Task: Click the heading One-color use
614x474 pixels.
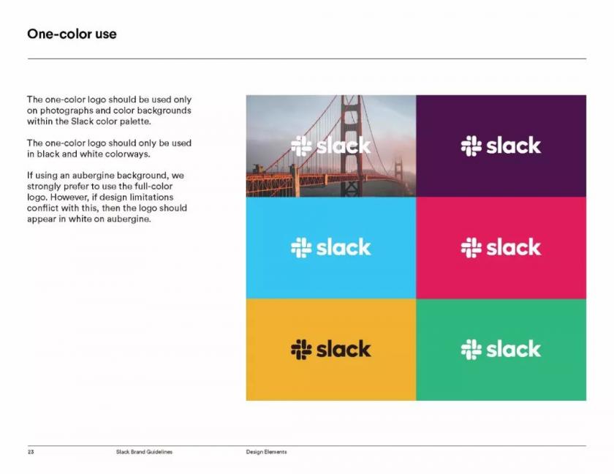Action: [x=72, y=34]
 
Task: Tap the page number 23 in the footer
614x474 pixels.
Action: [x=31, y=451]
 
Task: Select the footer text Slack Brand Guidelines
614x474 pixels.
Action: [x=144, y=451]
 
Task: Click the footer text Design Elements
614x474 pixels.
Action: [x=266, y=451]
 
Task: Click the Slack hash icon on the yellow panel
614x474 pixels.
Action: [x=301, y=349]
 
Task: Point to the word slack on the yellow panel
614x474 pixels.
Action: [x=344, y=349]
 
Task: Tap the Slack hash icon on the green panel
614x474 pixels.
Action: [x=471, y=349]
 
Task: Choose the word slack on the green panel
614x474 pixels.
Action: [x=513, y=349]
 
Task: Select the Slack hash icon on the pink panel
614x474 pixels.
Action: [x=471, y=247]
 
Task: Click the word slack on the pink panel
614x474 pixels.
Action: [x=513, y=247]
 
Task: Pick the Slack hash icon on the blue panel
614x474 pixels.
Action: [x=301, y=247]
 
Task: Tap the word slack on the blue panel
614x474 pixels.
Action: [x=344, y=247]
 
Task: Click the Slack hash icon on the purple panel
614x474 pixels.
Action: [x=471, y=146]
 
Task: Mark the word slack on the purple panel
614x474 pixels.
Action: [x=513, y=146]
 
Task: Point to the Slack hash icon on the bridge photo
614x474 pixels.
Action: [x=301, y=146]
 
